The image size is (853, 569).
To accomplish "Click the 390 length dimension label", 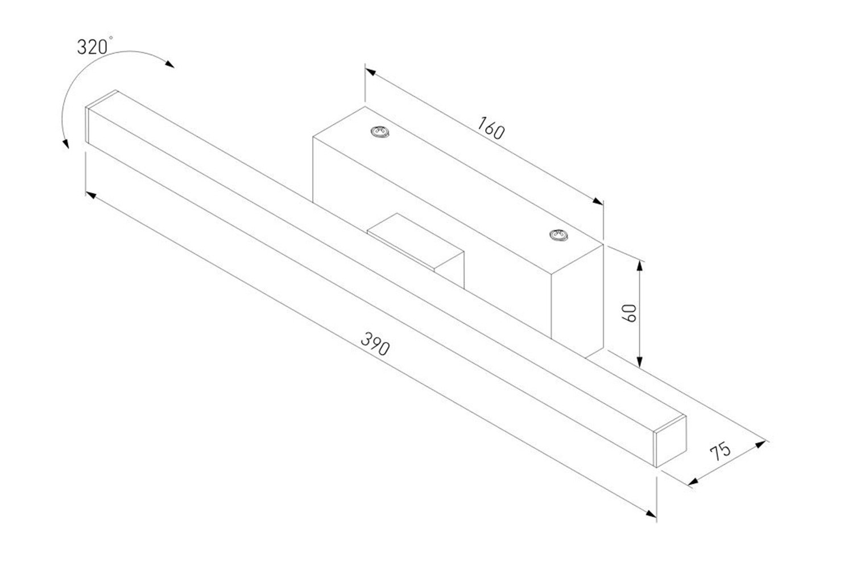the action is [x=375, y=344].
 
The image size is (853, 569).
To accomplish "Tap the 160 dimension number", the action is [x=491, y=128].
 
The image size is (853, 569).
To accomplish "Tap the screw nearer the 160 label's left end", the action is [x=380, y=131].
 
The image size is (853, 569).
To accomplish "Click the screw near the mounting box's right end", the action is [x=558, y=235].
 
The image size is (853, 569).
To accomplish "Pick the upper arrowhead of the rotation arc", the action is [x=169, y=64].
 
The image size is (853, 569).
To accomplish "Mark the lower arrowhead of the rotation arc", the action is [x=65, y=144].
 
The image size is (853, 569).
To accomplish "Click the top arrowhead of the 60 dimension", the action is [x=640, y=266].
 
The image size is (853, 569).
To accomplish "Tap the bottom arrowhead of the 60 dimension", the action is [x=640, y=362].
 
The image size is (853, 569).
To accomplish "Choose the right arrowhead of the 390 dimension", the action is [x=651, y=514].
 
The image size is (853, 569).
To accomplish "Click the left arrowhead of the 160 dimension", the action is [x=370, y=72].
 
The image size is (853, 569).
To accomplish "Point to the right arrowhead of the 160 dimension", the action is [x=598, y=201].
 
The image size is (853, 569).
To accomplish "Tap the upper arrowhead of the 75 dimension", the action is [x=760, y=444].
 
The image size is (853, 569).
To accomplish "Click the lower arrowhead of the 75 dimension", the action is [x=693, y=482].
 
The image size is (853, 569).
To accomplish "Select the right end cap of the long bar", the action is [x=670, y=442].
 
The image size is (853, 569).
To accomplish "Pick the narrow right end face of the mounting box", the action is [x=577, y=301].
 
